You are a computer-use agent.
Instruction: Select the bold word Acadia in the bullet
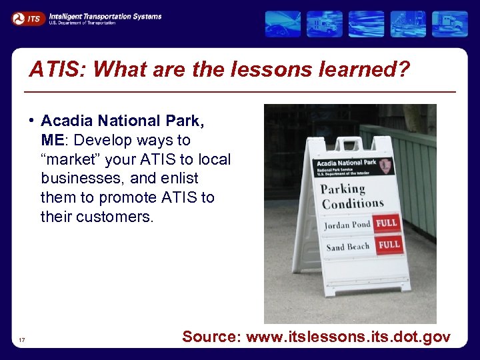67,121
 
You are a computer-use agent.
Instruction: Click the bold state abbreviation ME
52,141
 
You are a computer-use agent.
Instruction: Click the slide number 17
23,341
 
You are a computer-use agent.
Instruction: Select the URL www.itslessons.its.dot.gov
348,337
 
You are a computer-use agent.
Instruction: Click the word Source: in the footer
211,337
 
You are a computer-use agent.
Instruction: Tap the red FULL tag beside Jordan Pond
387,223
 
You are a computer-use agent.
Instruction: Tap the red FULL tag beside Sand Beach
389,245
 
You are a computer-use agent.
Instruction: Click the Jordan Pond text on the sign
347,225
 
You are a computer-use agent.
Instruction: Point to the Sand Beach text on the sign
347,247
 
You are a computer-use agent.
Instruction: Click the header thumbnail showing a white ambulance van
325,24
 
